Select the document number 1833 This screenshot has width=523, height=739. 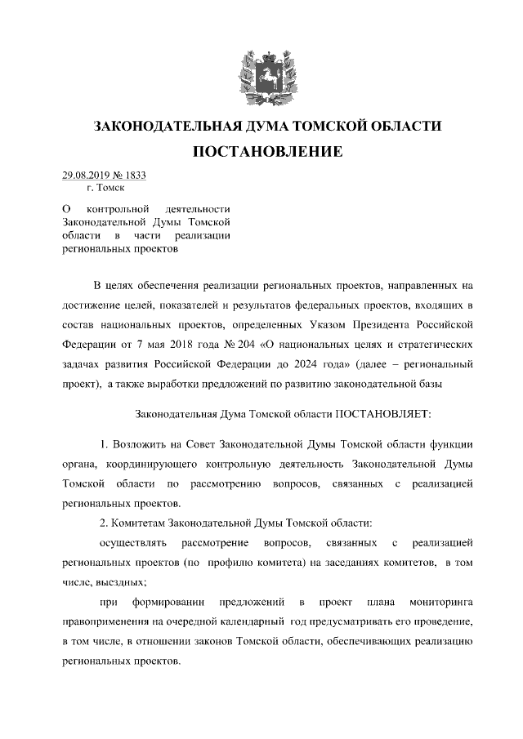(x=136, y=175)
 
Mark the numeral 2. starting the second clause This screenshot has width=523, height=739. (x=103, y=523)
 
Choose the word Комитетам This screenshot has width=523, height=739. (x=140, y=523)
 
